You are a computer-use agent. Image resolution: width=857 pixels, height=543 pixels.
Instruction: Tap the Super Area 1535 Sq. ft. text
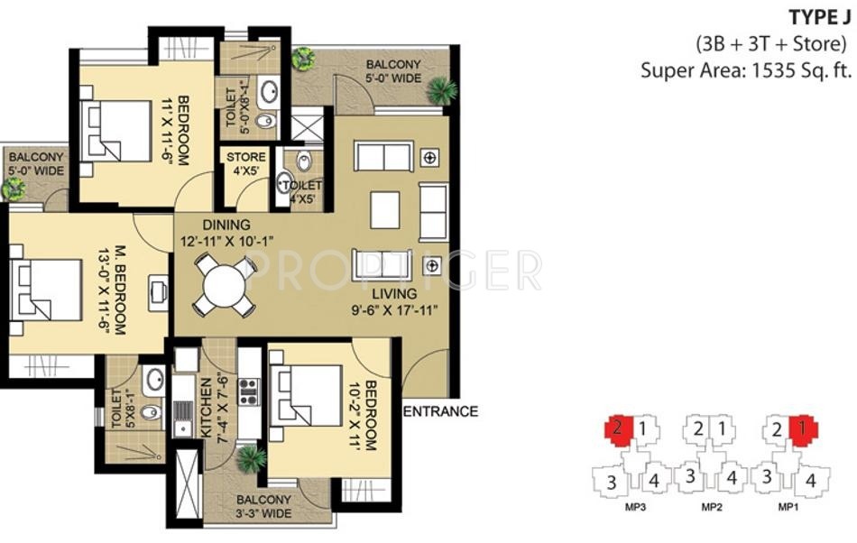pos(746,70)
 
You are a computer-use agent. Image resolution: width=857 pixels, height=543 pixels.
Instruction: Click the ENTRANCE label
pos(440,411)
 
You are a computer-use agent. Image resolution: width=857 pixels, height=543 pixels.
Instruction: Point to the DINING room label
pos(226,225)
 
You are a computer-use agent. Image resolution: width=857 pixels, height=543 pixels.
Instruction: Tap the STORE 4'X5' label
pos(246,163)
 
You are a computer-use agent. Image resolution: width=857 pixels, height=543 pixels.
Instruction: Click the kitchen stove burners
pos(248,392)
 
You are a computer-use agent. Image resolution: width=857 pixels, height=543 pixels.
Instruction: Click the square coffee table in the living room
pos(385,210)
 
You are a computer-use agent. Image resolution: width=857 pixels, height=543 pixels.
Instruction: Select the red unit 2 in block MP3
pos(619,428)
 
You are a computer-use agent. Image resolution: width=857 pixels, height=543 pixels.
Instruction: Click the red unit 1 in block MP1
pos(804,429)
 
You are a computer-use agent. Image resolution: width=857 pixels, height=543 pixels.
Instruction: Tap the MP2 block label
pos(712,508)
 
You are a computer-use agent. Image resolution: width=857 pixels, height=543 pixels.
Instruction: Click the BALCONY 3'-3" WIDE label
pos(263,506)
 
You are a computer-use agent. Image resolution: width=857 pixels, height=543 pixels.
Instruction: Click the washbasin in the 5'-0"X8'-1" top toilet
pos(270,91)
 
